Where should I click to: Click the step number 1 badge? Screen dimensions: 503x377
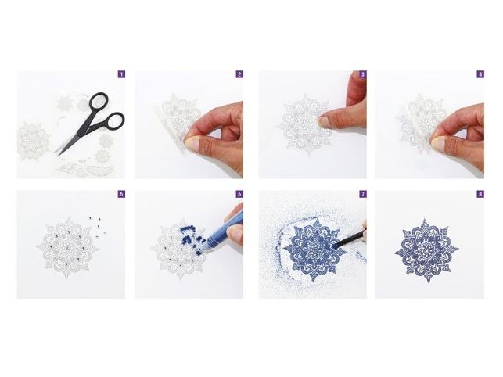pyautogui.click(x=121, y=74)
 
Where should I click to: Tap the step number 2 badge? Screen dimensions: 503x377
pyautogui.click(x=239, y=74)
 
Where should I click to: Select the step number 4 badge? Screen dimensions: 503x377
pyautogui.click(x=480, y=74)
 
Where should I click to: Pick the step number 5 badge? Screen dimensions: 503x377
pyautogui.click(x=121, y=194)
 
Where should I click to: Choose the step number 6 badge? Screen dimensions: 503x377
pyautogui.click(x=239, y=194)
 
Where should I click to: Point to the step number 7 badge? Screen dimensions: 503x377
pyautogui.click(x=363, y=194)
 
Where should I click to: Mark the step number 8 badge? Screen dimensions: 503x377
pyautogui.click(x=480, y=194)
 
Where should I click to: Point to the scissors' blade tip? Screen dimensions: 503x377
pyautogui.click(x=59, y=156)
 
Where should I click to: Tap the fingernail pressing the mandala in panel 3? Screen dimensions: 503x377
pyautogui.click(x=325, y=121)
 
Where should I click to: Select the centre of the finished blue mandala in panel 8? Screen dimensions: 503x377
pyautogui.click(x=426, y=250)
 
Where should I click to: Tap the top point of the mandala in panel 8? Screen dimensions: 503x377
pyautogui.click(x=425, y=220)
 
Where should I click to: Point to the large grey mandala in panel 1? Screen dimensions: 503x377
pyautogui.click(x=34, y=141)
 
